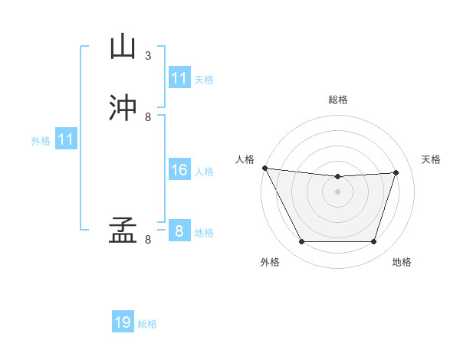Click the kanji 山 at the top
tap(123, 47)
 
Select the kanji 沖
tap(123, 108)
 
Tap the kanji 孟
tap(123, 230)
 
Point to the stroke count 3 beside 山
tap(148, 56)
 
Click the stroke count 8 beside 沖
tap(148, 117)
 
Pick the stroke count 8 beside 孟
tap(148, 240)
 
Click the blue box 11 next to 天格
tap(179, 78)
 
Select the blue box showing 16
tap(179, 170)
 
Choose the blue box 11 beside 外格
tap(66, 139)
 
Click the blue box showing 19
tap(123, 322)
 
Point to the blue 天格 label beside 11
tap(204, 79)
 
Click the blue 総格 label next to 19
tap(147, 324)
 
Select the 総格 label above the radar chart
tap(337, 100)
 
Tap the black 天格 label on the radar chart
tap(431, 159)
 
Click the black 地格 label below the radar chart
tap(402, 262)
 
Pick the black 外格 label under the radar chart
tap(270, 262)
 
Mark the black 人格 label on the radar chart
tap(245, 159)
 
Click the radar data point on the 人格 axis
tap(265, 168)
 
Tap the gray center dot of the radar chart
tap(337, 191)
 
